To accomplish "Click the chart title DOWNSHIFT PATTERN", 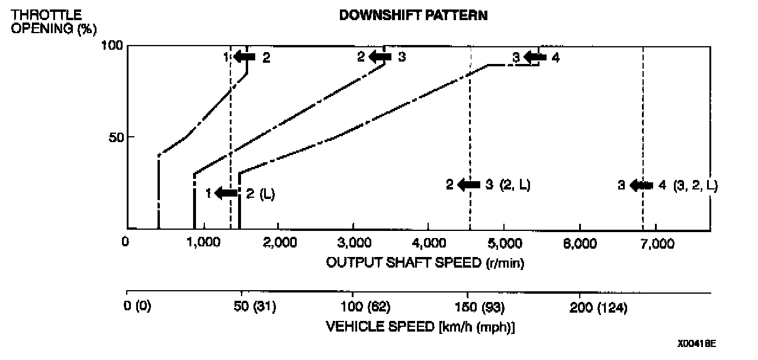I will tap(413, 16).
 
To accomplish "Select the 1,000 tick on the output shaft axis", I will tap(203, 243).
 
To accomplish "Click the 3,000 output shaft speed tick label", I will tap(354, 243).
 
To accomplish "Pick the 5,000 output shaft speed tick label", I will tap(504, 243).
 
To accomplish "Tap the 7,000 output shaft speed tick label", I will tap(654, 243).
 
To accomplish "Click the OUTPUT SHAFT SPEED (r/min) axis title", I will tap(425, 262).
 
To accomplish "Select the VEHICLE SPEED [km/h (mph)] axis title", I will tap(420, 327).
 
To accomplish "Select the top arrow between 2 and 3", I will tap(380, 57).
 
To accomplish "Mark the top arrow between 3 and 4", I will tap(535, 57).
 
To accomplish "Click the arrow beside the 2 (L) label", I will tap(226, 193).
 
